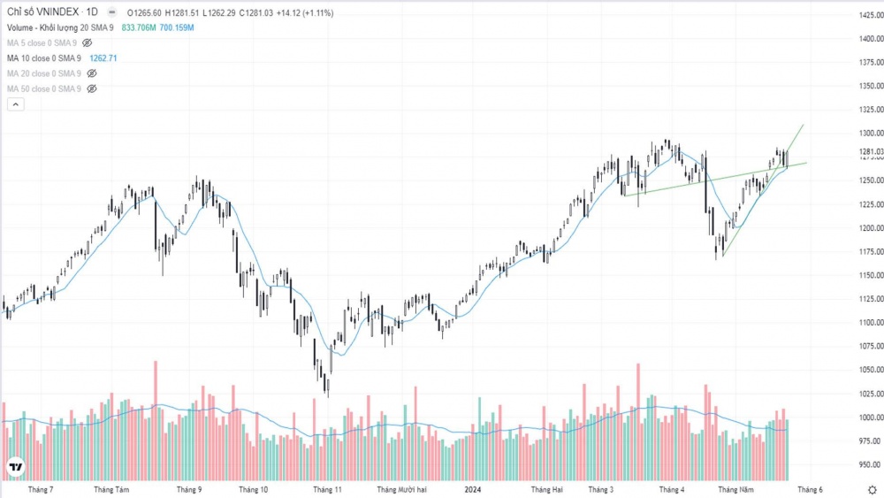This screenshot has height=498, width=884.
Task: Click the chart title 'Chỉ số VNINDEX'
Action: coord(42,13)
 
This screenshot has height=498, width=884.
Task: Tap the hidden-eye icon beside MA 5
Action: coord(88,42)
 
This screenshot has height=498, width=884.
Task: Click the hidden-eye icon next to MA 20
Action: coord(91,73)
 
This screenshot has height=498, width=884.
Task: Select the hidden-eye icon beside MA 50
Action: coord(91,89)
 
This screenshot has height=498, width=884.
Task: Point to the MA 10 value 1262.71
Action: coord(103,58)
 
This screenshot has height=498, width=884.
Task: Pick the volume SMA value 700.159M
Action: coord(177,28)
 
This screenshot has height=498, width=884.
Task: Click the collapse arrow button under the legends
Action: coord(15,104)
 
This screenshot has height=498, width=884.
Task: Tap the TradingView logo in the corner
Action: coord(15,467)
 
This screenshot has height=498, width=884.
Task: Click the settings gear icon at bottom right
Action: coord(872,490)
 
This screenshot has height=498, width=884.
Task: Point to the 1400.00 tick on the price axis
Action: coord(871,39)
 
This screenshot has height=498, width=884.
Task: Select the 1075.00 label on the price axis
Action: coord(871,346)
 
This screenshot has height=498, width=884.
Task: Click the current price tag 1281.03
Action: coord(871,152)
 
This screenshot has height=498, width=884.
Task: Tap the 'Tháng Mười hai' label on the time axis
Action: coord(402,489)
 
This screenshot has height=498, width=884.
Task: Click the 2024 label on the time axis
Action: coord(473,489)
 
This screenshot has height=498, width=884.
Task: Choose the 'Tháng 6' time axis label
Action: coord(810,489)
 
